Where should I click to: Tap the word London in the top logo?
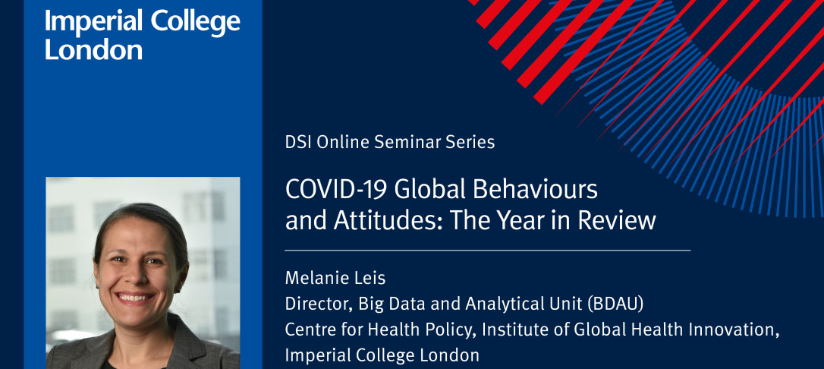point(93,49)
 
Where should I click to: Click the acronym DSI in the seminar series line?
point(297,143)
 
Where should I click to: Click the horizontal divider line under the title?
point(488,251)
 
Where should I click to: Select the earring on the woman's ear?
point(96,288)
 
